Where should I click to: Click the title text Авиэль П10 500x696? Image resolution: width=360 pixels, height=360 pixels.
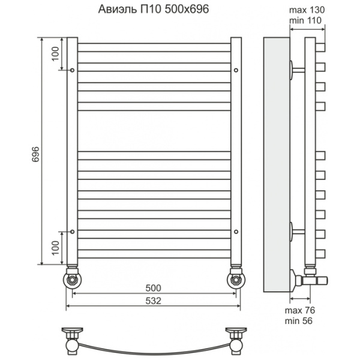(x=154, y=10)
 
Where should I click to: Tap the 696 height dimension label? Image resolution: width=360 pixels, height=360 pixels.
(x=36, y=154)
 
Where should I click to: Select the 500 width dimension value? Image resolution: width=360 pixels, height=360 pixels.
(x=154, y=288)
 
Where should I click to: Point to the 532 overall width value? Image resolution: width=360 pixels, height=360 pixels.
(x=154, y=301)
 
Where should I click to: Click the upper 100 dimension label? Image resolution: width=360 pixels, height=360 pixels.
(x=55, y=54)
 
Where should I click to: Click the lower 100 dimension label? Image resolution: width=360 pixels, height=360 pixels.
(x=55, y=248)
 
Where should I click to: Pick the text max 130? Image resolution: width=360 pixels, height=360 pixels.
(x=307, y=10)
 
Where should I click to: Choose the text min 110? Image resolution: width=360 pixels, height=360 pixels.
(x=305, y=20)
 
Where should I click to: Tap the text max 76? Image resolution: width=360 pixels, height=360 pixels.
(x=300, y=310)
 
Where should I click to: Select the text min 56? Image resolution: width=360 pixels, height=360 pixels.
(x=298, y=321)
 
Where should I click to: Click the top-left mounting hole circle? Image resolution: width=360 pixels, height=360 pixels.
(x=72, y=70)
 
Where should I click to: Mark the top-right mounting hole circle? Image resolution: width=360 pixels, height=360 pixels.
(x=236, y=70)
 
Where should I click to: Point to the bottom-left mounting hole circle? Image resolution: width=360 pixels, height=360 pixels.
(x=72, y=232)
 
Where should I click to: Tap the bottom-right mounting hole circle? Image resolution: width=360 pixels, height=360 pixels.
(x=236, y=232)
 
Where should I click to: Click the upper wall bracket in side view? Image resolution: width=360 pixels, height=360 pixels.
(x=298, y=70)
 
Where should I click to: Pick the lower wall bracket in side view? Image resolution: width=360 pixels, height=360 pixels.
(x=298, y=232)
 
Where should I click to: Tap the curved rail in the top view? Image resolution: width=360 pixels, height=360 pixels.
(x=154, y=350)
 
